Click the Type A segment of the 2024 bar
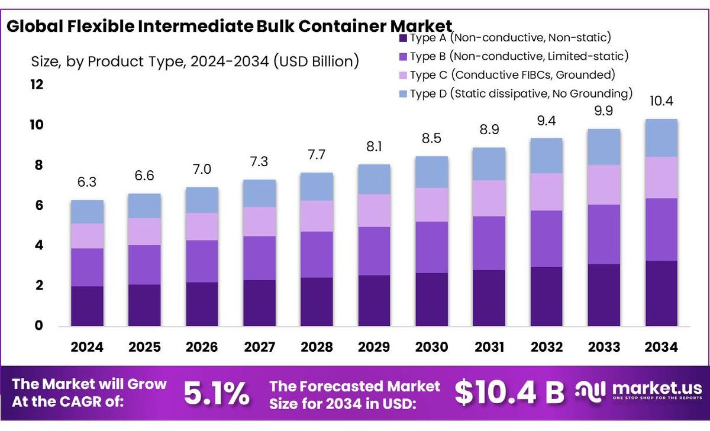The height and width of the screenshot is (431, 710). click(87, 306)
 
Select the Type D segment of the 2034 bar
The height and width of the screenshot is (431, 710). click(661, 138)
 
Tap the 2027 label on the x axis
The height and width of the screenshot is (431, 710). click(259, 347)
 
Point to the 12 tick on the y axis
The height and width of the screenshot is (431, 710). click(37, 85)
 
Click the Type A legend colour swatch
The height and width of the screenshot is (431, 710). click(403, 38)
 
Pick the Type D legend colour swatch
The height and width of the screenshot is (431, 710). click(403, 94)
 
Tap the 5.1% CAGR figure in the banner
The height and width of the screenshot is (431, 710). click(216, 394)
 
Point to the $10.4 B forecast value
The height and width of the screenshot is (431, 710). click(510, 393)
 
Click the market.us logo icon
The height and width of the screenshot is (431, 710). click(592, 391)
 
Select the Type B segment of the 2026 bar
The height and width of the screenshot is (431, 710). click(202, 261)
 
